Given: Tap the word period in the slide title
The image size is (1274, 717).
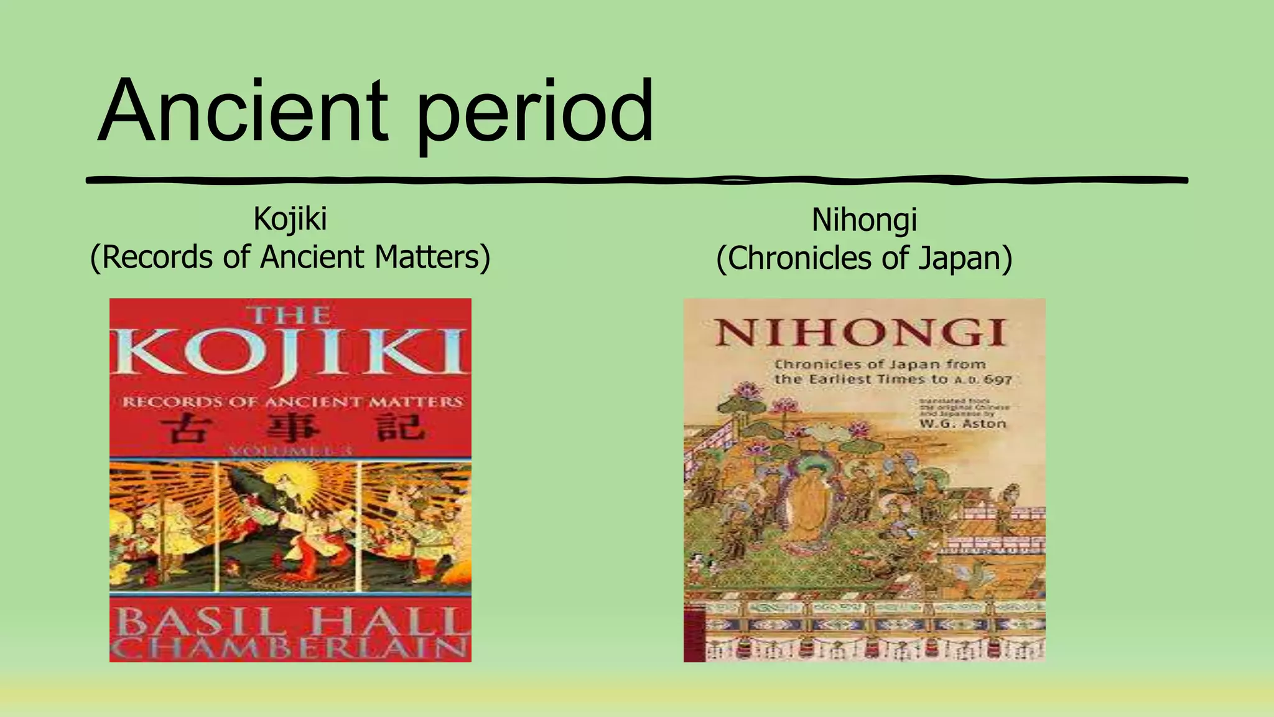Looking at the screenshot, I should click(x=535, y=115).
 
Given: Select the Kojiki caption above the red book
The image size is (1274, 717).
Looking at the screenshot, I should click(x=290, y=219).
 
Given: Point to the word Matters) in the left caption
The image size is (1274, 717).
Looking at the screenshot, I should click(x=432, y=257).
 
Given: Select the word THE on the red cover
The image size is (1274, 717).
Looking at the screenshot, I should click(x=290, y=315).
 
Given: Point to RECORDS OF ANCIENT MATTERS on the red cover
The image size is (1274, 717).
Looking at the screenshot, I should click(x=291, y=402).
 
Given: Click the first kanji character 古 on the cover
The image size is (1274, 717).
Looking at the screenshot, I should click(x=184, y=429).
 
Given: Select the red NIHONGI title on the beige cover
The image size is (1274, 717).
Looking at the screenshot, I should click(x=860, y=332).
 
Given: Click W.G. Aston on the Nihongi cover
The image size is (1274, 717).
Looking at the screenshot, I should click(x=962, y=424).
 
